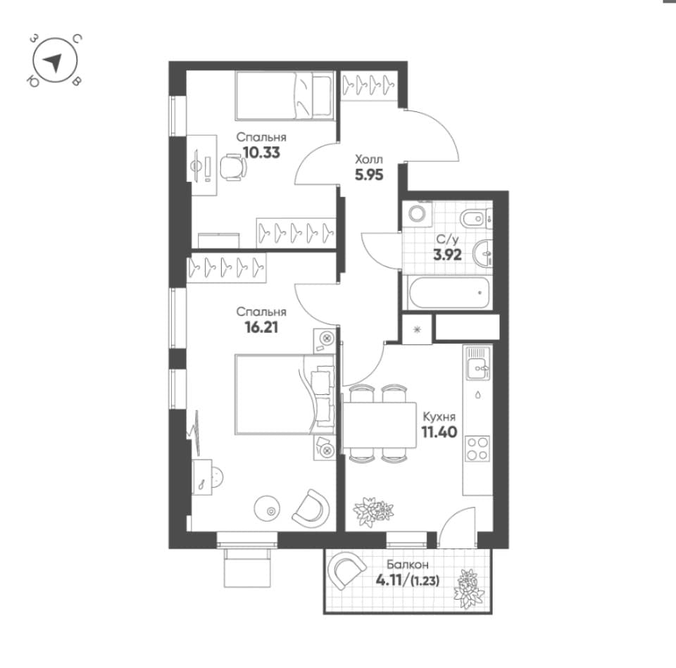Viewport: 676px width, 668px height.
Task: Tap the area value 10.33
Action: [x=262, y=153]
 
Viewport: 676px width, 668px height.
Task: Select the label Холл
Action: [x=368, y=160]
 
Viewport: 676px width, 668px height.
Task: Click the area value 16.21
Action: [x=261, y=327]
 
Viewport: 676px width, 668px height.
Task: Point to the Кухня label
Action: [x=439, y=417]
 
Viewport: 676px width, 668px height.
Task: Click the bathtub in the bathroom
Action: [x=449, y=293]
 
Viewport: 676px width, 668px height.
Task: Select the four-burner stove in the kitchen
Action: [x=477, y=448]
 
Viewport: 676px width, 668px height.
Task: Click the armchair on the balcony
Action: [x=346, y=570]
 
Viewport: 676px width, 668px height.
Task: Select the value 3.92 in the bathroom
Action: [x=448, y=254]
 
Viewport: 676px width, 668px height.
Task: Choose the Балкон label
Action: [x=408, y=565]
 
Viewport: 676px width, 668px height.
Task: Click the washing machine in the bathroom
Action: [x=417, y=213]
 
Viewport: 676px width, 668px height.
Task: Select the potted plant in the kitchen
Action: [x=373, y=511]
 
